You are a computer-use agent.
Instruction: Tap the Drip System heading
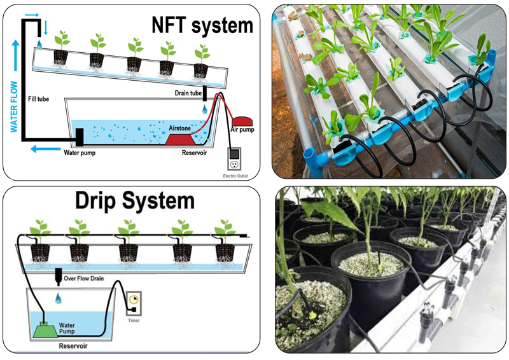point(134,202)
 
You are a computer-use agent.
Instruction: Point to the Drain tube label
point(188,93)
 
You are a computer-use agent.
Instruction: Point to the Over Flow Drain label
point(89,279)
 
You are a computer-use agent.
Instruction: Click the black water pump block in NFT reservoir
point(80,135)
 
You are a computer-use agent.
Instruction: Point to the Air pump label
point(242,130)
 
